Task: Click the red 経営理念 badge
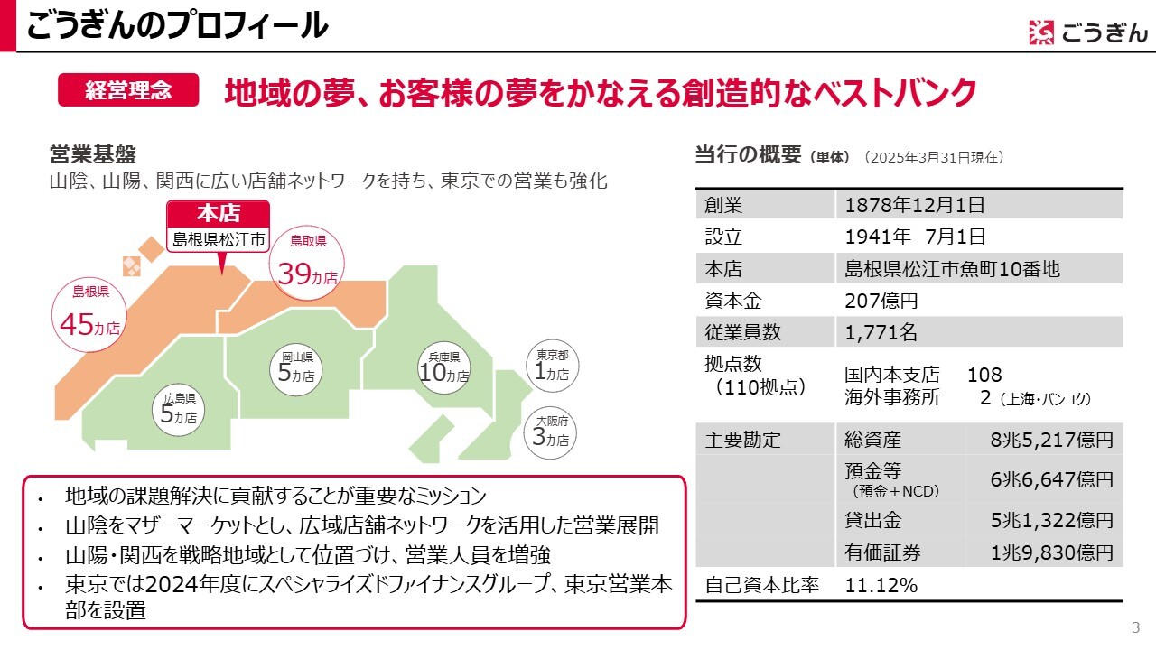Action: coord(128,90)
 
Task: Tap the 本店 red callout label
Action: coord(219,213)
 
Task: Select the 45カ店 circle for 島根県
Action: coord(90,311)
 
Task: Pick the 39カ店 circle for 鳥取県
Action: coord(308,261)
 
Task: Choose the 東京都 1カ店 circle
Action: coord(552,365)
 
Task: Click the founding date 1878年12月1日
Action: coord(914,205)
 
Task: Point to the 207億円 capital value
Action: coord(881,301)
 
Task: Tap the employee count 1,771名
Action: coord(881,332)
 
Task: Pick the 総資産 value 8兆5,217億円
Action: coord(1051,441)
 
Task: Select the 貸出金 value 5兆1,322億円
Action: coord(1051,520)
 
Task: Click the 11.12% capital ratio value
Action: coord(881,585)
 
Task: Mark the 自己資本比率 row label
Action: coord(761,585)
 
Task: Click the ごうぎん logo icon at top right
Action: coord(1040,32)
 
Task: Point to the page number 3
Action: coord(1135,628)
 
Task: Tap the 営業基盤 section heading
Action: coord(92,154)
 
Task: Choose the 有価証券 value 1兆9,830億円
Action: coord(1051,552)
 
